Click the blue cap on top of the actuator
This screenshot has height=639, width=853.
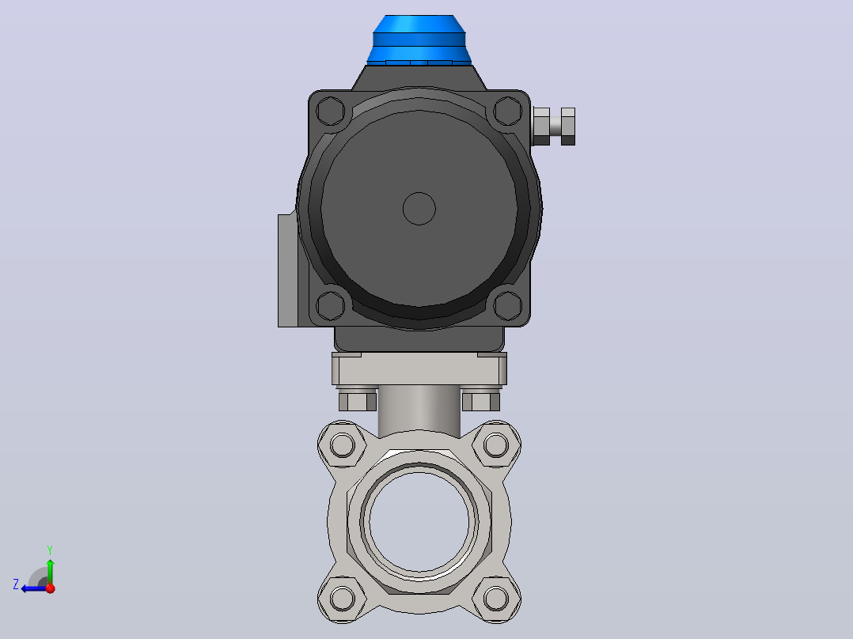tap(419, 40)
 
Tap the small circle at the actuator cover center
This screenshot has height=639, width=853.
tap(419, 208)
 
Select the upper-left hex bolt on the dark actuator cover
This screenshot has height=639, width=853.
tap(330, 111)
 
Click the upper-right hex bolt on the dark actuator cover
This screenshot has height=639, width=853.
tap(508, 111)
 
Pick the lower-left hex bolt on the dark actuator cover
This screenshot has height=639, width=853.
tap(330, 305)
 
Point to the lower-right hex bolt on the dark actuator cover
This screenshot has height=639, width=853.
tap(508, 305)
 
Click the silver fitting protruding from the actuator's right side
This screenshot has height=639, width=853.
tap(554, 127)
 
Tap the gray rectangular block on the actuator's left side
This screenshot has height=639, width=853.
tap(288, 270)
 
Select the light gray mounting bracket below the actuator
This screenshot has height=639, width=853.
tap(419, 369)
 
